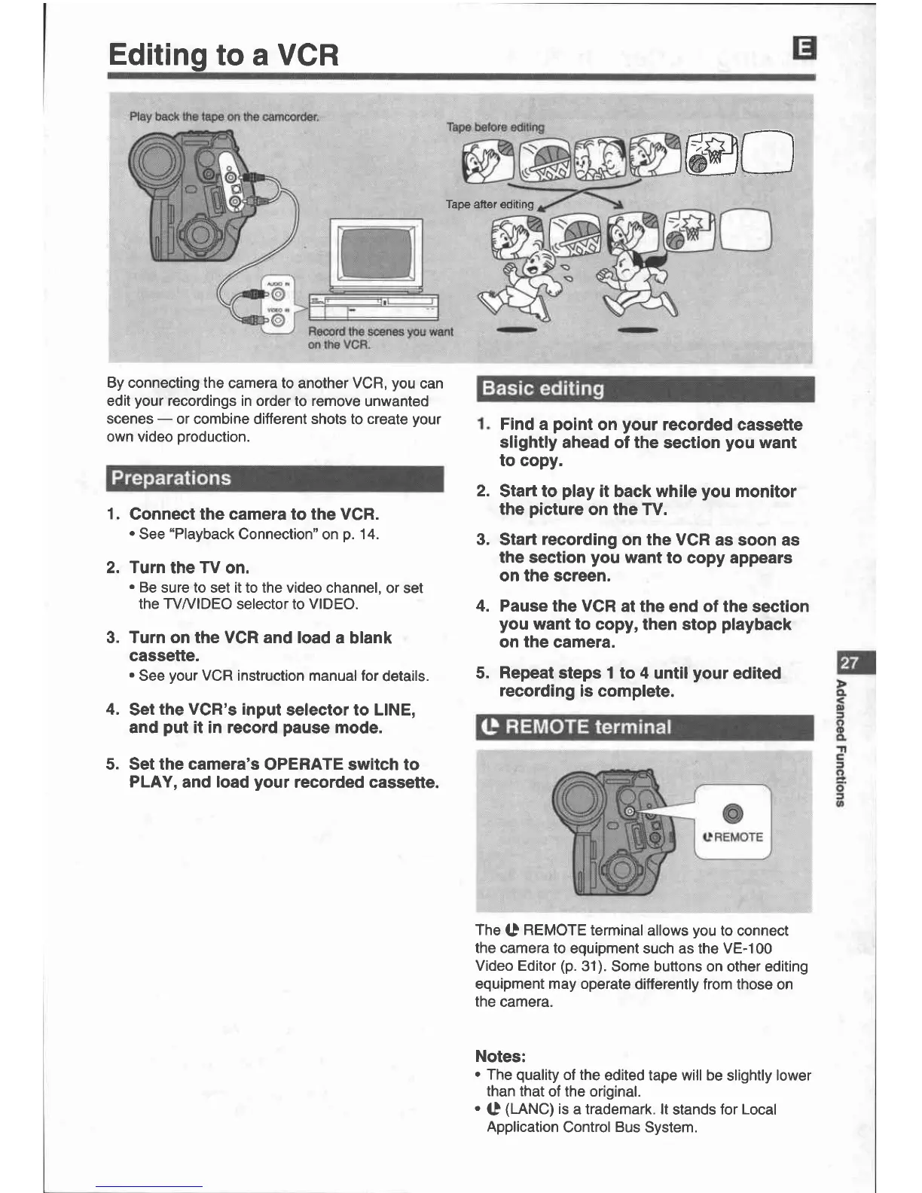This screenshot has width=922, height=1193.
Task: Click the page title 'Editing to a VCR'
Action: tap(224, 54)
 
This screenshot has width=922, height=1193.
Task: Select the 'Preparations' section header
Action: tap(171, 478)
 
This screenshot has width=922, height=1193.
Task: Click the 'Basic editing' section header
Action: tap(542, 389)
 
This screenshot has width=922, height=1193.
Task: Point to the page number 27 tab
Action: tap(850, 663)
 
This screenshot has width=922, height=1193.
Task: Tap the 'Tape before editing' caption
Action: tap(494, 127)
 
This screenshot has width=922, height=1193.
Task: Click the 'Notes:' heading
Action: tap(500, 1056)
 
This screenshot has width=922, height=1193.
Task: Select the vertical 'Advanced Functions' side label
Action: tap(839, 742)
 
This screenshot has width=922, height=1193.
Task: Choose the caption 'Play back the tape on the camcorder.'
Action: tap(224, 117)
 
